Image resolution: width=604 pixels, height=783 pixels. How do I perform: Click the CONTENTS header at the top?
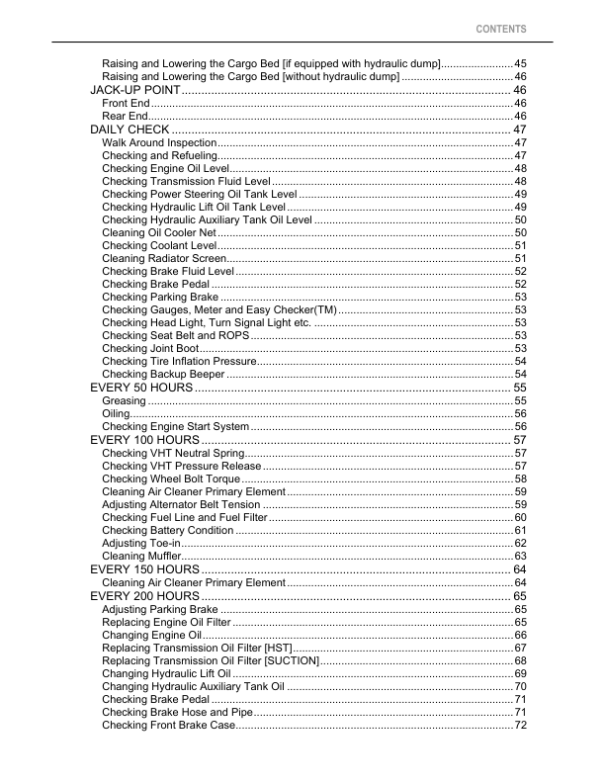pyautogui.click(x=501, y=30)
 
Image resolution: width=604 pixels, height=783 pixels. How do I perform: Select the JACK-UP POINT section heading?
pyautogui.click(x=134, y=90)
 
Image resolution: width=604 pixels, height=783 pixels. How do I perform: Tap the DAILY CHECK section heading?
pyautogui.click(x=129, y=130)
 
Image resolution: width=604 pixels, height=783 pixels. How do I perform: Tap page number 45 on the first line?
pyautogui.click(x=520, y=63)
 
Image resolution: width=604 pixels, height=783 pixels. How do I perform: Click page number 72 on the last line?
pyautogui.click(x=520, y=726)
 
